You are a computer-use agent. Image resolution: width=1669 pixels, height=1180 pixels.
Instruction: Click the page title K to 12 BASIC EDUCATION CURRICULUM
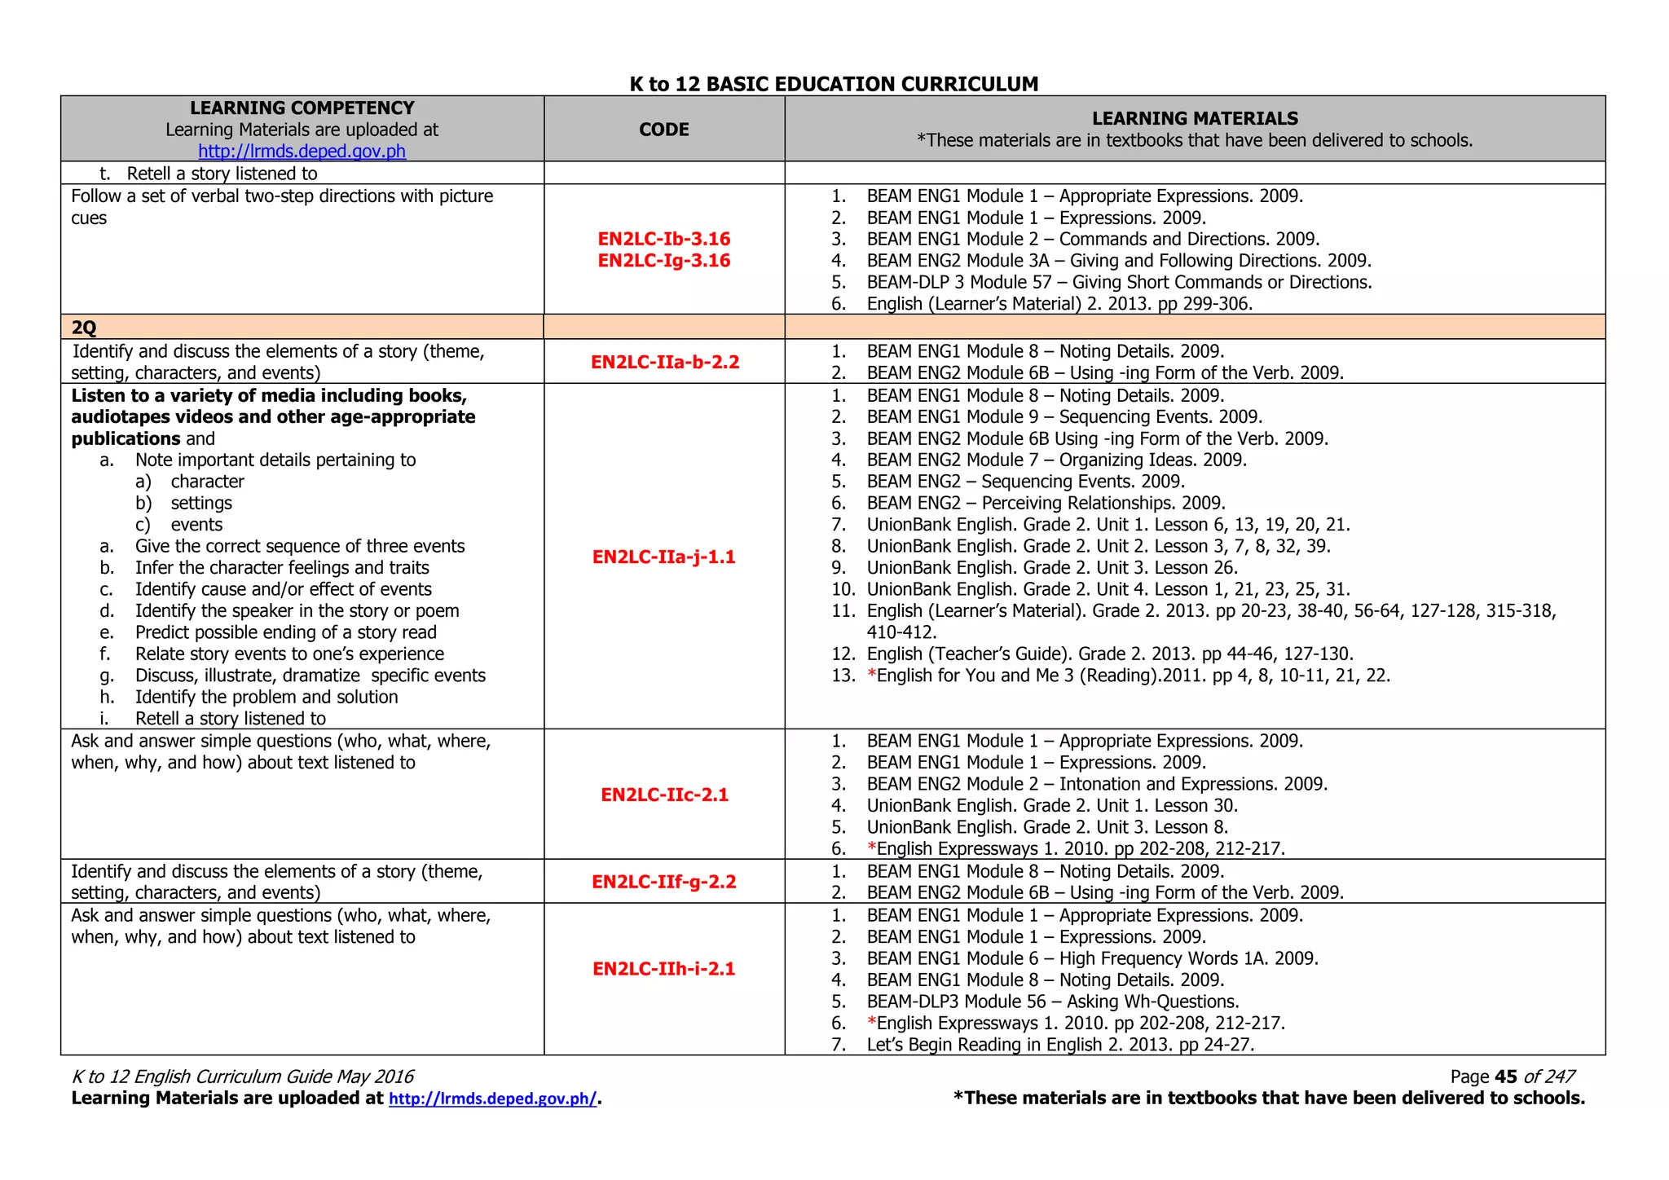pyautogui.click(x=834, y=84)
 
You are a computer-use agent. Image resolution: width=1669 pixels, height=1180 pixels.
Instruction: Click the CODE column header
pyautogui.click(x=663, y=130)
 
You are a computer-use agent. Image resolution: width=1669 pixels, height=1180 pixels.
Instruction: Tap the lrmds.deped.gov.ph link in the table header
pyautogui.click(x=302, y=152)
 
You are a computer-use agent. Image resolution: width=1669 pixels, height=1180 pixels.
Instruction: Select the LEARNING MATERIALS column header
pyautogui.click(x=1195, y=119)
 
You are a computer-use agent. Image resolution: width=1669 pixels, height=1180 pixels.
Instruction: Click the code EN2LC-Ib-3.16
pyautogui.click(x=663, y=239)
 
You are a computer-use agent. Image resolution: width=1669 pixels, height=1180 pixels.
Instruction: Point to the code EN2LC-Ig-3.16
pyautogui.click(x=663, y=261)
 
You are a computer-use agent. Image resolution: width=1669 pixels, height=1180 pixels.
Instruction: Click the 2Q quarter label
pyautogui.click(x=84, y=328)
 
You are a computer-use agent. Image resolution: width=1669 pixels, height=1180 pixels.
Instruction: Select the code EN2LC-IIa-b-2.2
pyautogui.click(x=664, y=363)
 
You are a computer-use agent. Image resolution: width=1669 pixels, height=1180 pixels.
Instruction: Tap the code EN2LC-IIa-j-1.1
pyautogui.click(x=663, y=557)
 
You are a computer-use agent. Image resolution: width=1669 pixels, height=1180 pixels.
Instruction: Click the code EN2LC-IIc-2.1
pyautogui.click(x=664, y=795)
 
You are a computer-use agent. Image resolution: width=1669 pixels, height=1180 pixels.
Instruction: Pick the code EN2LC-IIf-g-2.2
pyautogui.click(x=663, y=882)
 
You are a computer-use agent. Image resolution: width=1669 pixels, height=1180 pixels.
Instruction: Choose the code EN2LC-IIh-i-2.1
pyautogui.click(x=663, y=969)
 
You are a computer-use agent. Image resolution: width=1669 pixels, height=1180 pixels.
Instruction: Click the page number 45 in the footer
pyautogui.click(x=1505, y=1077)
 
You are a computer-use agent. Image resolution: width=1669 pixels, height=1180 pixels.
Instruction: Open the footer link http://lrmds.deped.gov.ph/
pyautogui.click(x=493, y=1099)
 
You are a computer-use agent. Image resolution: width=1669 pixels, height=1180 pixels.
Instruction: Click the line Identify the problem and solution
pyautogui.click(x=266, y=698)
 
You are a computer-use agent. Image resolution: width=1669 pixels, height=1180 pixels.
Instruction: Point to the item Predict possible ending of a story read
pyautogui.click(x=285, y=633)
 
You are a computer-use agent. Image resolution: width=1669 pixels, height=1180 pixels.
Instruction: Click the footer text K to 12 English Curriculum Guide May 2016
pyautogui.click(x=243, y=1077)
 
